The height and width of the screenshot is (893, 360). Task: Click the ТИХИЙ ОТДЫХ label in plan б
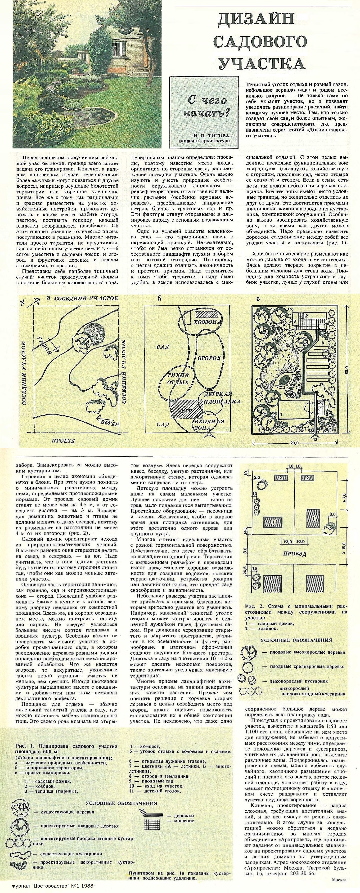pos(178,379)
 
